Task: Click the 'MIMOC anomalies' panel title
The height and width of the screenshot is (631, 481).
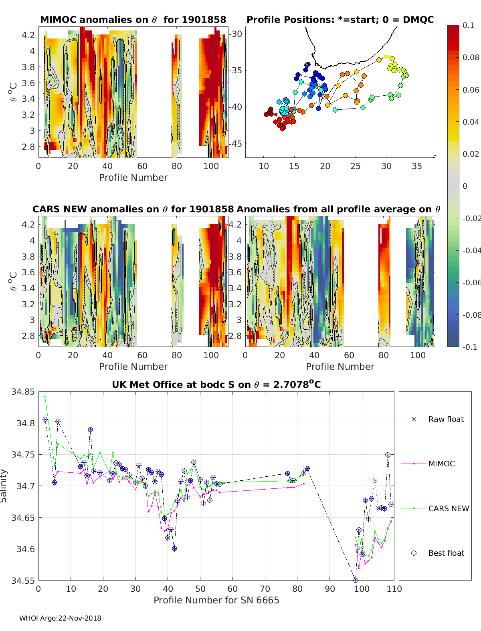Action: pos(133,20)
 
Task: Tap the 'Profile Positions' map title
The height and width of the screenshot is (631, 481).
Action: pos(340,20)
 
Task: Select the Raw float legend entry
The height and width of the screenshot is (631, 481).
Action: pos(446,419)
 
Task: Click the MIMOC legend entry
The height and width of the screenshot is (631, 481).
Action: pos(441,464)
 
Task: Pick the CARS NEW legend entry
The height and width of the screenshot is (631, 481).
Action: pos(448,508)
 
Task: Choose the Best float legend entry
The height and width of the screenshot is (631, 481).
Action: pos(446,553)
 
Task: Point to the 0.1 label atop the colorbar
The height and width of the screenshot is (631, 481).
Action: pos(468,25)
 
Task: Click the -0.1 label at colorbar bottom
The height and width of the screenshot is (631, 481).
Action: pos(470,347)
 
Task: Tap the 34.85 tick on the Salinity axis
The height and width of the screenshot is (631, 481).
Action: pos(23,392)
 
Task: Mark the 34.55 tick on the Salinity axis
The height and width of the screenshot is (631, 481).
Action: pos(23,581)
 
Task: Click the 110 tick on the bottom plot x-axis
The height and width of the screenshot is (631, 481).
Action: pos(394,589)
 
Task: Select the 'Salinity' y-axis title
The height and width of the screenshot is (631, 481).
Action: pos(4,486)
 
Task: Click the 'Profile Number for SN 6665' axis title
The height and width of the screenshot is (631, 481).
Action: pos(216,600)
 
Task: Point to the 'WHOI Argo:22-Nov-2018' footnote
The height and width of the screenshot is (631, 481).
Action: pos(60,618)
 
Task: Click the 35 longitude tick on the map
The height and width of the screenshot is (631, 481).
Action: pos(417,166)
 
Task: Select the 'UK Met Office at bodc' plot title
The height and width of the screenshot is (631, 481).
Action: pos(216,385)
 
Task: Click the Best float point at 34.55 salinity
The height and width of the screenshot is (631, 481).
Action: pos(356,580)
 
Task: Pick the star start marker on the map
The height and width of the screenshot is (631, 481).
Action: pos(307,65)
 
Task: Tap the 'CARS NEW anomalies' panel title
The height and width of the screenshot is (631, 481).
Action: pos(133,209)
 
